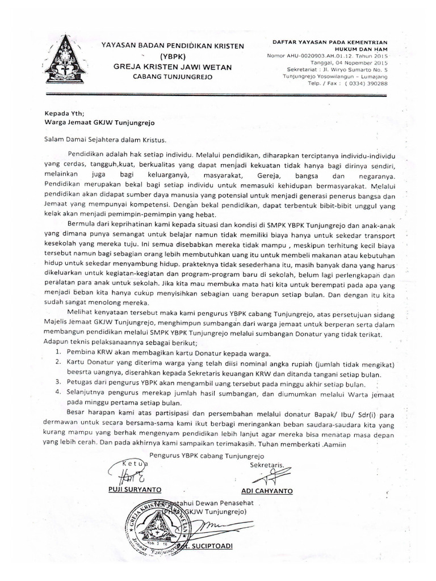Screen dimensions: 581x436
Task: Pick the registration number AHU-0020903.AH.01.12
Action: [x=328, y=56]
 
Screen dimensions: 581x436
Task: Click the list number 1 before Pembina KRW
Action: [x=58, y=352]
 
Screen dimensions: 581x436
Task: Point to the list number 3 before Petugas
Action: [x=58, y=383]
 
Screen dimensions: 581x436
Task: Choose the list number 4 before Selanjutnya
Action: [x=58, y=393]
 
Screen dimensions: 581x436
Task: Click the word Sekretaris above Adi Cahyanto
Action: [x=267, y=466]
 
